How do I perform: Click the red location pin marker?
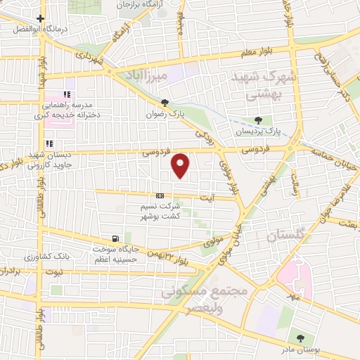(x=181, y=165)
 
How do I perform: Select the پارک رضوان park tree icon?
(x=165, y=101)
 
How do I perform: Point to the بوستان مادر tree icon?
(x=300, y=340)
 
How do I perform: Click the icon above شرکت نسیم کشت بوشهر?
(x=160, y=196)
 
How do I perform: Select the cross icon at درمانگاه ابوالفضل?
(x=42, y=19)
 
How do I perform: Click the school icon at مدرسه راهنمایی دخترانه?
(x=67, y=94)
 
